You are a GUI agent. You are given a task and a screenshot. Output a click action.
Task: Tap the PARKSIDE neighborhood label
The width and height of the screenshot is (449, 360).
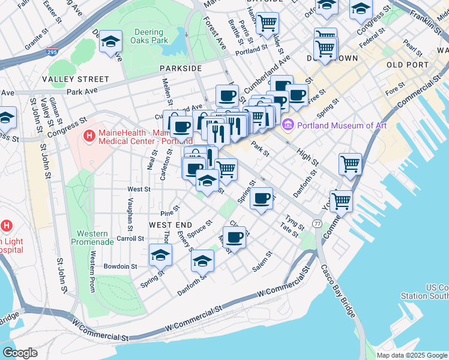pyautogui.click(x=181, y=68)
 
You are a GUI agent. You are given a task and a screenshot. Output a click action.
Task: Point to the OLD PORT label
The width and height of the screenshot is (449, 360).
pyautogui.click(x=408, y=65)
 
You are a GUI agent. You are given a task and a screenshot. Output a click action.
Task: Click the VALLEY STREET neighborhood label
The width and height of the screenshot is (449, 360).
pyautogui.click(x=76, y=79)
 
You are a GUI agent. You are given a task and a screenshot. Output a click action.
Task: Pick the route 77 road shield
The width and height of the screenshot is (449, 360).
pyautogui.click(x=316, y=223)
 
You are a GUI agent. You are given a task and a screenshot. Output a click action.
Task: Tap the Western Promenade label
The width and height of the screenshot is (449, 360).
pyautogui.click(x=92, y=238)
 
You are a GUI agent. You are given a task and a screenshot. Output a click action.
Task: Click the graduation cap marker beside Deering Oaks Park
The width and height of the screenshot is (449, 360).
pyautogui.click(x=110, y=42)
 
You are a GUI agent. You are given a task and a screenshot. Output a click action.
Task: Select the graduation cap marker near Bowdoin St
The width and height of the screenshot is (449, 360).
pyautogui.click(x=160, y=256)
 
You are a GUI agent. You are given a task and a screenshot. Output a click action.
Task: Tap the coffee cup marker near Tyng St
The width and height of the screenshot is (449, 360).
pyautogui.click(x=261, y=199)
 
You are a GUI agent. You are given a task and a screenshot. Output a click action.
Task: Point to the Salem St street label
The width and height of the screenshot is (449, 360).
pyautogui.click(x=263, y=262)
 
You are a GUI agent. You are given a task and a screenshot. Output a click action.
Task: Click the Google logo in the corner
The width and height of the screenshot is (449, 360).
pyautogui.click(x=20, y=353)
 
